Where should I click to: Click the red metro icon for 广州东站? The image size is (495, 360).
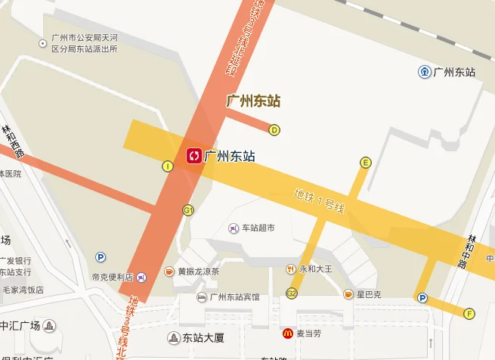(x=194, y=156)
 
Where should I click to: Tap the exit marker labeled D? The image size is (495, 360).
(x=275, y=129)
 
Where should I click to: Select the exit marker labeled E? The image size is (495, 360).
(x=366, y=162)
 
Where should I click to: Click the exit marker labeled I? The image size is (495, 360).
(x=168, y=166)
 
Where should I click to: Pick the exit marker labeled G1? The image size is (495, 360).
(x=188, y=209)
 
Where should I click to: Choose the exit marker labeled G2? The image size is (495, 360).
(x=292, y=293)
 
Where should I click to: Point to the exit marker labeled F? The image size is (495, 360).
(x=469, y=313)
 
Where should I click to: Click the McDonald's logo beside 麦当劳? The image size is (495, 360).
(x=288, y=333)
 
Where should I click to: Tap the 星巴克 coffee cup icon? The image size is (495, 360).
(x=348, y=293)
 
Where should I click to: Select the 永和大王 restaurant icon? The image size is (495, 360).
(x=290, y=268)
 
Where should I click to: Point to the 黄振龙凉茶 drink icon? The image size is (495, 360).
(x=169, y=271)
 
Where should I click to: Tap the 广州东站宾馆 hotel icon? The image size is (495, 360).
(x=202, y=297)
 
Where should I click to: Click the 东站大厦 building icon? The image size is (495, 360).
(x=175, y=338)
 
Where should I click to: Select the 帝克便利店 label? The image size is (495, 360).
(x=113, y=277)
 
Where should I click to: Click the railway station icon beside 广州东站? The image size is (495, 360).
(x=425, y=72)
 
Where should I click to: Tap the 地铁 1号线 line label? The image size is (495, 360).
(x=319, y=200)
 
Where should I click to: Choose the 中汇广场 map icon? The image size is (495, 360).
(x=49, y=327)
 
